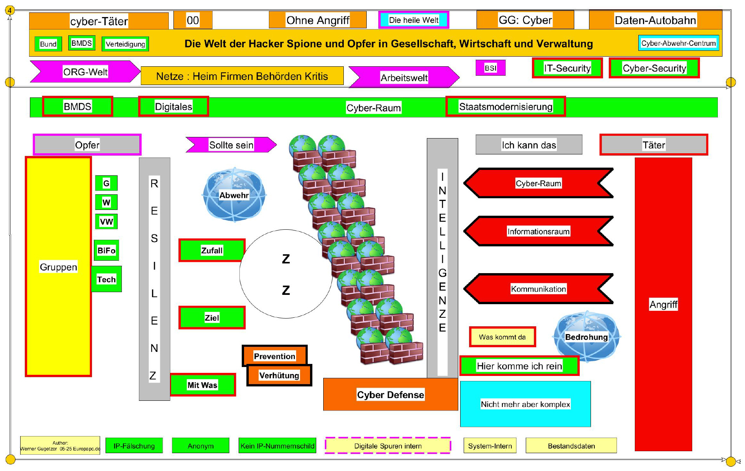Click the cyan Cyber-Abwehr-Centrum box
[678, 43]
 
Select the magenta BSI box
[490, 68]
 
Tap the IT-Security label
[567, 68]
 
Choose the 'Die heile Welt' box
[414, 20]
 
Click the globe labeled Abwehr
[234, 195]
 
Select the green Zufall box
[212, 250]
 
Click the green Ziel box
[212, 318]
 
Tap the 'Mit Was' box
[203, 385]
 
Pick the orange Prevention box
[275, 356]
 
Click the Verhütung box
[279, 375]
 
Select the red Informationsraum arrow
[538, 232]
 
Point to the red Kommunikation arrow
[538, 289]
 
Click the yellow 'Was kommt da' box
[502, 337]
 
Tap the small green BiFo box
[106, 250]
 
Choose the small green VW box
[106, 222]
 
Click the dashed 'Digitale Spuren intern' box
[388, 446]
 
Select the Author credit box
[60, 445]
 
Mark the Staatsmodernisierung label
[506, 107]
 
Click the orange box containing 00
[193, 20]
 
